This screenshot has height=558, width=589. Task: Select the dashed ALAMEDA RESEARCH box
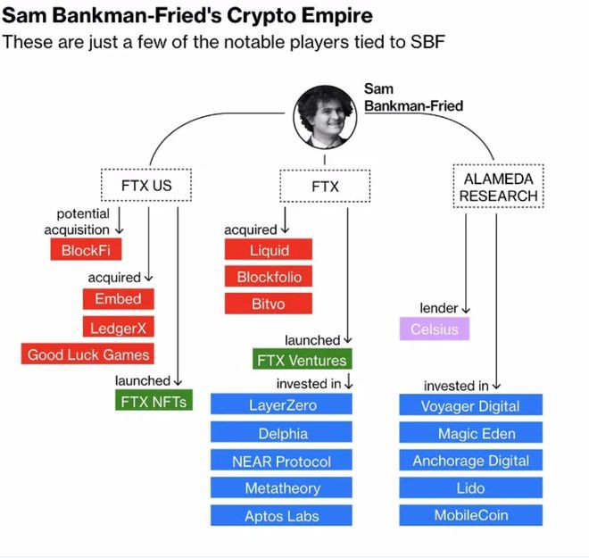tap(499, 187)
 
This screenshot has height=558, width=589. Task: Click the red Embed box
tap(118, 299)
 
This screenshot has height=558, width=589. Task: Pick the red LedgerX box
tap(118, 328)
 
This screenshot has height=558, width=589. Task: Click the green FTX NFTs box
tap(153, 402)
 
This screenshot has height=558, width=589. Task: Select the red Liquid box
tap(269, 250)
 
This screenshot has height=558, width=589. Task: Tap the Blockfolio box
tap(269, 277)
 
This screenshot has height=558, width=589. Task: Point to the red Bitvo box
tap(269, 304)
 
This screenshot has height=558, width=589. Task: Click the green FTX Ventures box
tap(302, 360)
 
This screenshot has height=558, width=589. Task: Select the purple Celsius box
tap(434, 329)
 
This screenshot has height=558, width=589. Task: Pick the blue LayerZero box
tap(282, 405)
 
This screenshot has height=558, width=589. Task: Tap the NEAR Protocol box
tap(282, 461)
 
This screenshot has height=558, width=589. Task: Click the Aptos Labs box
tap(282, 516)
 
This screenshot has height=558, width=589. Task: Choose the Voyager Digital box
tap(470, 405)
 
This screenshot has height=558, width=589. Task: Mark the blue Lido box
tap(470, 487)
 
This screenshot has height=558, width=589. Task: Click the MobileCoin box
tap(470, 516)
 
